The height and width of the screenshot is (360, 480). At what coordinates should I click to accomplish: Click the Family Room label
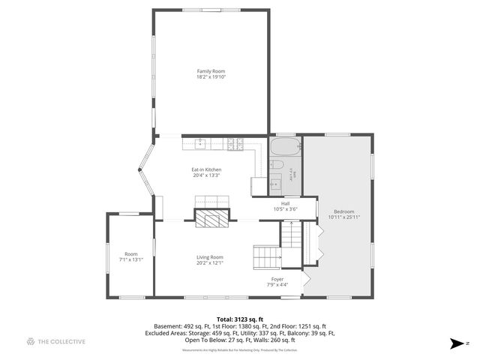pyautogui.click(x=211, y=71)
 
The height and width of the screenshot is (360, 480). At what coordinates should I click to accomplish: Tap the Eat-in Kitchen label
pyautogui.click(x=206, y=169)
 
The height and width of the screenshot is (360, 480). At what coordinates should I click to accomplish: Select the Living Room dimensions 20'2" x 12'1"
pyautogui.click(x=210, y=263)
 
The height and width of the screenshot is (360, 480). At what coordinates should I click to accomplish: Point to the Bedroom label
pyautogui.click(x=344, y=211)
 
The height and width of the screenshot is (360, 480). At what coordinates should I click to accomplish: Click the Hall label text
pyautogui.click(x=285, y=203)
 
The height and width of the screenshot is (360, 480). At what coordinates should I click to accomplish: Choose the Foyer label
pyautogui.click(x=277, y=279)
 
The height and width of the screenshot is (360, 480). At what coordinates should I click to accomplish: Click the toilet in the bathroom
pyautogui.click(x=276, y=164)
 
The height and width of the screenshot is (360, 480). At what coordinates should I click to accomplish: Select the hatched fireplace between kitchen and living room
pyautogui.click(x=211, y=218)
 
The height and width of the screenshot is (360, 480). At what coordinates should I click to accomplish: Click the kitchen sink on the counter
pyautogui.click(x=202, y=143)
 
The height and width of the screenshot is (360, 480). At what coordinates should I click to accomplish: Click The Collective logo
pyautogui.click(x=55, y=341)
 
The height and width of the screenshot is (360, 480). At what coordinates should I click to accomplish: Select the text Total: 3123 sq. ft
pyautogui.click(x=239, y=319)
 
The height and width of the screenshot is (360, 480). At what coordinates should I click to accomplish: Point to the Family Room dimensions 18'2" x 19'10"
pyautogui.click(x=211, y=77)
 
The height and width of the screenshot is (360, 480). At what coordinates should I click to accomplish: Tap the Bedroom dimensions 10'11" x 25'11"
pyautogui.click(x=344, y=217)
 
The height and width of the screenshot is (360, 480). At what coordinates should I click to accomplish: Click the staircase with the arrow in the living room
pyautogui.click(x=266, y=257)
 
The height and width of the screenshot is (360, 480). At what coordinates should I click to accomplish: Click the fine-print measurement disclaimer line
pyautogui.click(x=239, y=349)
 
